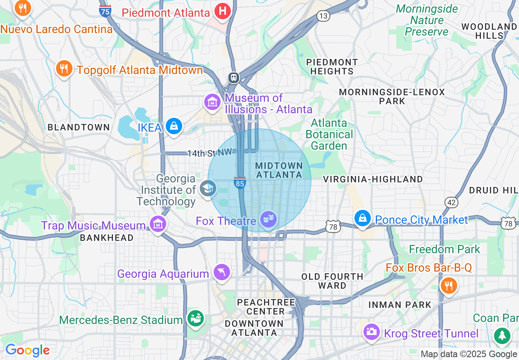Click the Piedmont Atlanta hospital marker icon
223,11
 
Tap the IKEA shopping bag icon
174,126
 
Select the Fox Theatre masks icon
269,220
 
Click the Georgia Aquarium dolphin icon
222,272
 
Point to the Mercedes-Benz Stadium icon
195,319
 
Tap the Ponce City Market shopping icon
363,219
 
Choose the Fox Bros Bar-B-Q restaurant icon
449,286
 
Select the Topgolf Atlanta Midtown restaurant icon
64,69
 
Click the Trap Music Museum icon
158,224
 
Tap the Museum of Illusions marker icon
212,102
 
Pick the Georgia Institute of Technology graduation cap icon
208,189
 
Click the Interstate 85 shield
240,183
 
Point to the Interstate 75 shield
105,11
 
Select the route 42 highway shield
451,202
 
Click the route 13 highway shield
323,16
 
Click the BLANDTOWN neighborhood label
79,127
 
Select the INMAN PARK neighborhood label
400,305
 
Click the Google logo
27,350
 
